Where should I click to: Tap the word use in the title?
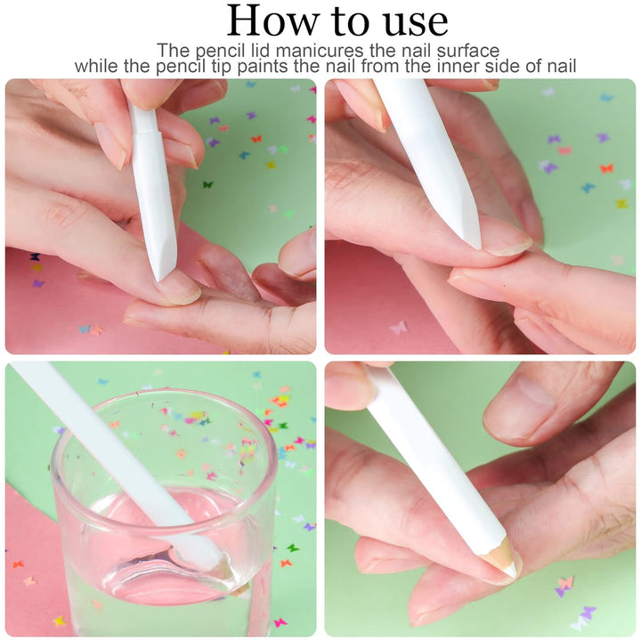(x=409, y=20)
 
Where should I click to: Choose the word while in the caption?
(x=96, y=66)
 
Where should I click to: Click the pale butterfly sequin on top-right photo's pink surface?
(x=398, y=328)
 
